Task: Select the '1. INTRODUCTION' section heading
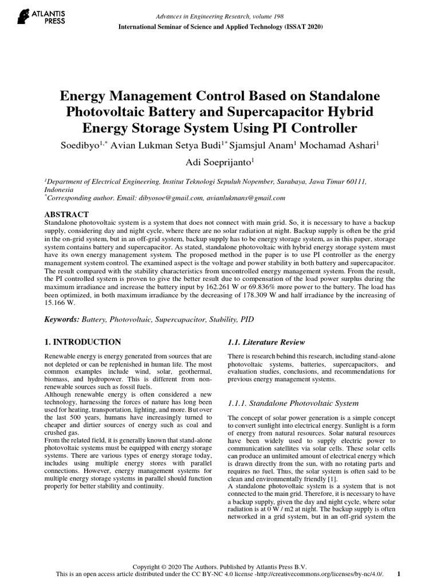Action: (82, 342)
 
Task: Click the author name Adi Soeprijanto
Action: (219, 162)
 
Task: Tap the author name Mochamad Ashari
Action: (347, 144)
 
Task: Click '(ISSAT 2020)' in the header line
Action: (297, 27)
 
